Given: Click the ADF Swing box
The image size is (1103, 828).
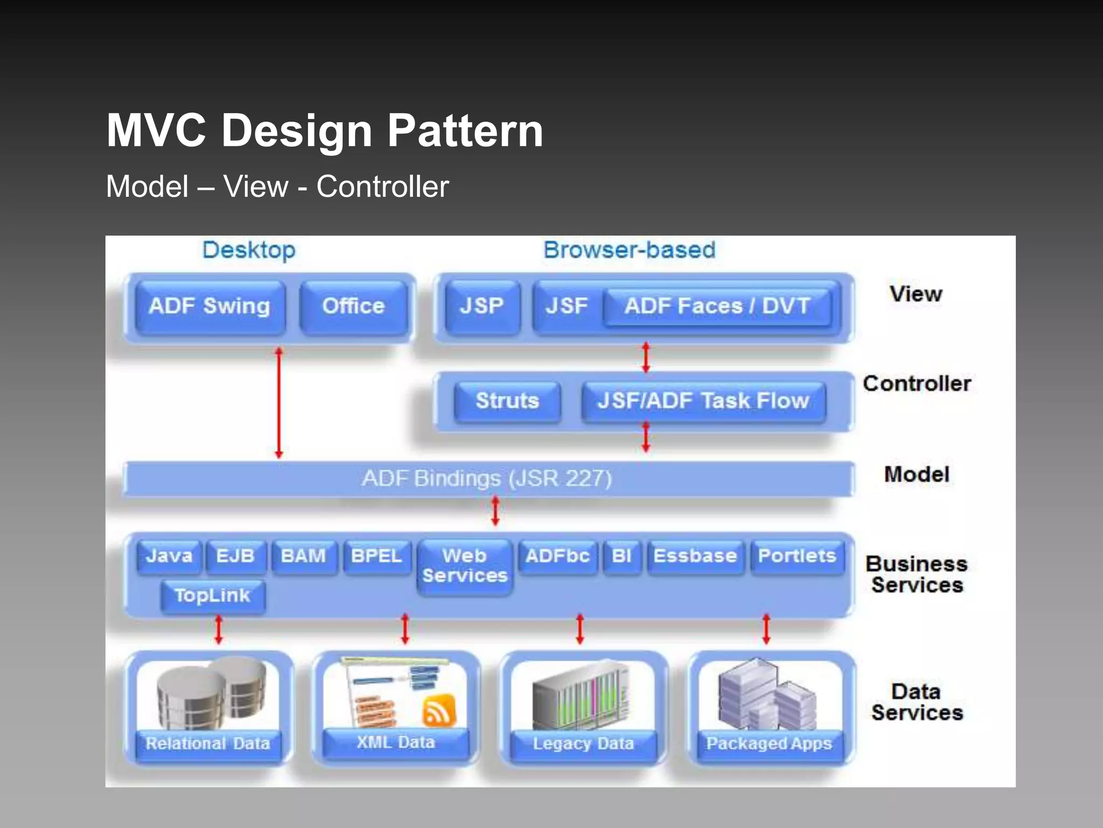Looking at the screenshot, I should pos(210,307).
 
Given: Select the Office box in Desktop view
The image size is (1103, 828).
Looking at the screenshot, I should pos(353,307).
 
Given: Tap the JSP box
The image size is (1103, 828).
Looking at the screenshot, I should pos(481,307).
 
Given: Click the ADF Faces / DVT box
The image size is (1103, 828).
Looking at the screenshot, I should pos(717,307).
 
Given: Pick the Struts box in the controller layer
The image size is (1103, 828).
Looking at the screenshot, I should pos(507,401).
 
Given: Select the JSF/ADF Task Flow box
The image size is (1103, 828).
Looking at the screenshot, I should pos(703,401).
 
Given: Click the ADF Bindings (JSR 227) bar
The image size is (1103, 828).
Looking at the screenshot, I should pos(487,479).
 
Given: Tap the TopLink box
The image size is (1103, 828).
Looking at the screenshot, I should pos(213,596).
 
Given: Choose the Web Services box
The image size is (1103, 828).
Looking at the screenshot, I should pos(465,566).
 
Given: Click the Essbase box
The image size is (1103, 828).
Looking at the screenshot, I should pos(695,556).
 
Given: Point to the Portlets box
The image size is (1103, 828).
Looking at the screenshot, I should pos(797,556).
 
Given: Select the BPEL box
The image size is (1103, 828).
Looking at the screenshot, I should pos(376,556).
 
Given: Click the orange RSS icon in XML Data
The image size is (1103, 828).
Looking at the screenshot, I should pos(439,710).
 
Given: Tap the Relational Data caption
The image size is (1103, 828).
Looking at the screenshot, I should pos(208,744).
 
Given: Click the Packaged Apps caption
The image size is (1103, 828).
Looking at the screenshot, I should pos(769,744).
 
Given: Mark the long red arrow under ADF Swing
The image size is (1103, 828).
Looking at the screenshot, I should pos(278,403).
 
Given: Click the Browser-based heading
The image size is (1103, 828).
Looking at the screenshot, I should pos(629,251).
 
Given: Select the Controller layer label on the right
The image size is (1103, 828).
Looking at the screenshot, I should pos(917,384).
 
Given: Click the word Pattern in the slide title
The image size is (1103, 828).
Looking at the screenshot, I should pos(465,131).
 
